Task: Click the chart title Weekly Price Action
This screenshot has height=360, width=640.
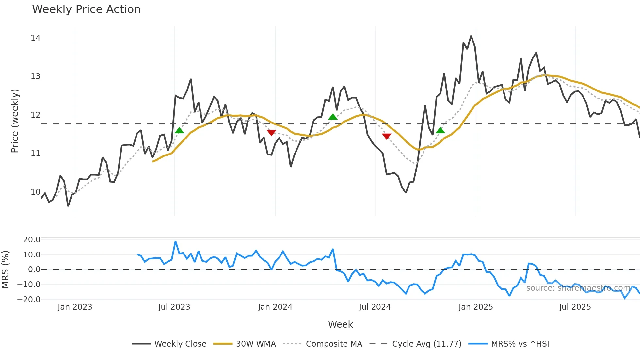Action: tap(86, 9)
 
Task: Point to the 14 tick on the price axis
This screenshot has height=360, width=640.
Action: tap(36, 38)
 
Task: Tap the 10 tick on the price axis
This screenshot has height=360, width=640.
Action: tap(36, 192)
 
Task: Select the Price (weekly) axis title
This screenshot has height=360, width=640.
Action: tap(15, 121)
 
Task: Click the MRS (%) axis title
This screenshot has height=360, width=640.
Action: tap(5, 270)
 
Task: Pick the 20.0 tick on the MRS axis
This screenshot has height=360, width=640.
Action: tap(32, 240)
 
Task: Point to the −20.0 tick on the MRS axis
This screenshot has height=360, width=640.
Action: tap(29, 300)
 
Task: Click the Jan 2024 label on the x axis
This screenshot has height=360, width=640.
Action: tap(275, 307)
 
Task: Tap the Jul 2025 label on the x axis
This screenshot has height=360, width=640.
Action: tap(575, 307)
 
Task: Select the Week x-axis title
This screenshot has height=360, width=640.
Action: tap(340, 324)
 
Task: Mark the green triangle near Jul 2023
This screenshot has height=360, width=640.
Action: tap(179, 131)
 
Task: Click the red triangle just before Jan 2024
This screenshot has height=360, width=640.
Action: tap(272, 132)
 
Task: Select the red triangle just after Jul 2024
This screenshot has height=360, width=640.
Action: tap(387, 136)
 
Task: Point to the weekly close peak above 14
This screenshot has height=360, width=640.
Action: tap(471, 36)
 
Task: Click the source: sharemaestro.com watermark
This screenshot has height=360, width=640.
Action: tap(578, 288)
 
